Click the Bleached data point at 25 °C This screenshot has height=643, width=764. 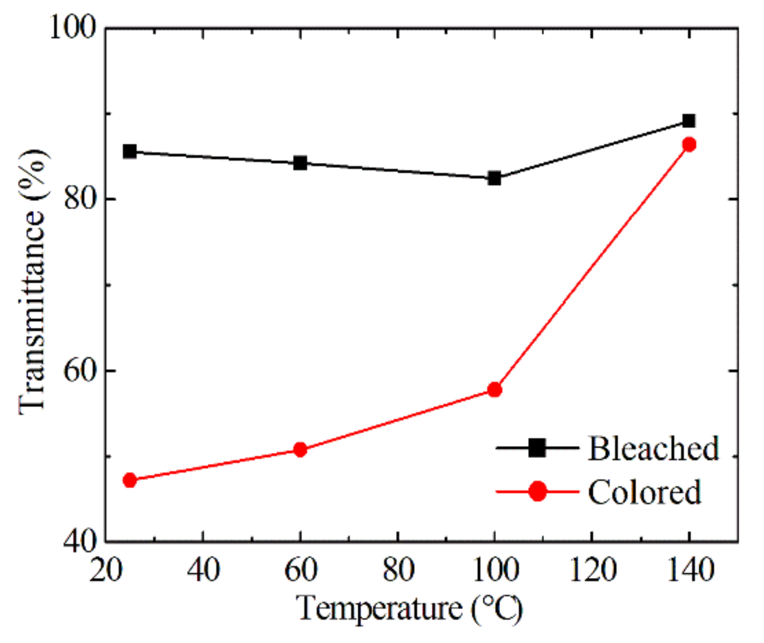pos(130,151)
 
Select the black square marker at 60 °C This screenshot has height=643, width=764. pos(300,163)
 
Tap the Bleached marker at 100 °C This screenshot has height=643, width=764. pos(495,179)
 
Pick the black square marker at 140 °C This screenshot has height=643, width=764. pos(689,121)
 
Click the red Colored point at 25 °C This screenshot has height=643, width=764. pos(130,480)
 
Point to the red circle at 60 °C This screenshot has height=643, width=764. pos(300,449)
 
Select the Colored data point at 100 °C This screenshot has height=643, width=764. pos(495,390)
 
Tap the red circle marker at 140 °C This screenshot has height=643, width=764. pos(689,145)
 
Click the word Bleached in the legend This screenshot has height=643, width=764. pos(654,448)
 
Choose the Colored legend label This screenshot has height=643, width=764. pos(644,492)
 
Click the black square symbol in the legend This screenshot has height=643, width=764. pos(537,448)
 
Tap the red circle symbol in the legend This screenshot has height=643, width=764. pos(538,491)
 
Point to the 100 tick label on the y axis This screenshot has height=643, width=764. pos(73,28)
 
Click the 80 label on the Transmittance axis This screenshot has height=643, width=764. pos(81,199)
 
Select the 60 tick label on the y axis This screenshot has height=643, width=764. pos(81,371)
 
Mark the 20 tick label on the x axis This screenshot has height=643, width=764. pos(105,570)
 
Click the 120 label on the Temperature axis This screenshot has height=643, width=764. pos(593,570)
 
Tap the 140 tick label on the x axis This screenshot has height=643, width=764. pos(690,570)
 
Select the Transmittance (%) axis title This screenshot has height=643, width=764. pos(33,282)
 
